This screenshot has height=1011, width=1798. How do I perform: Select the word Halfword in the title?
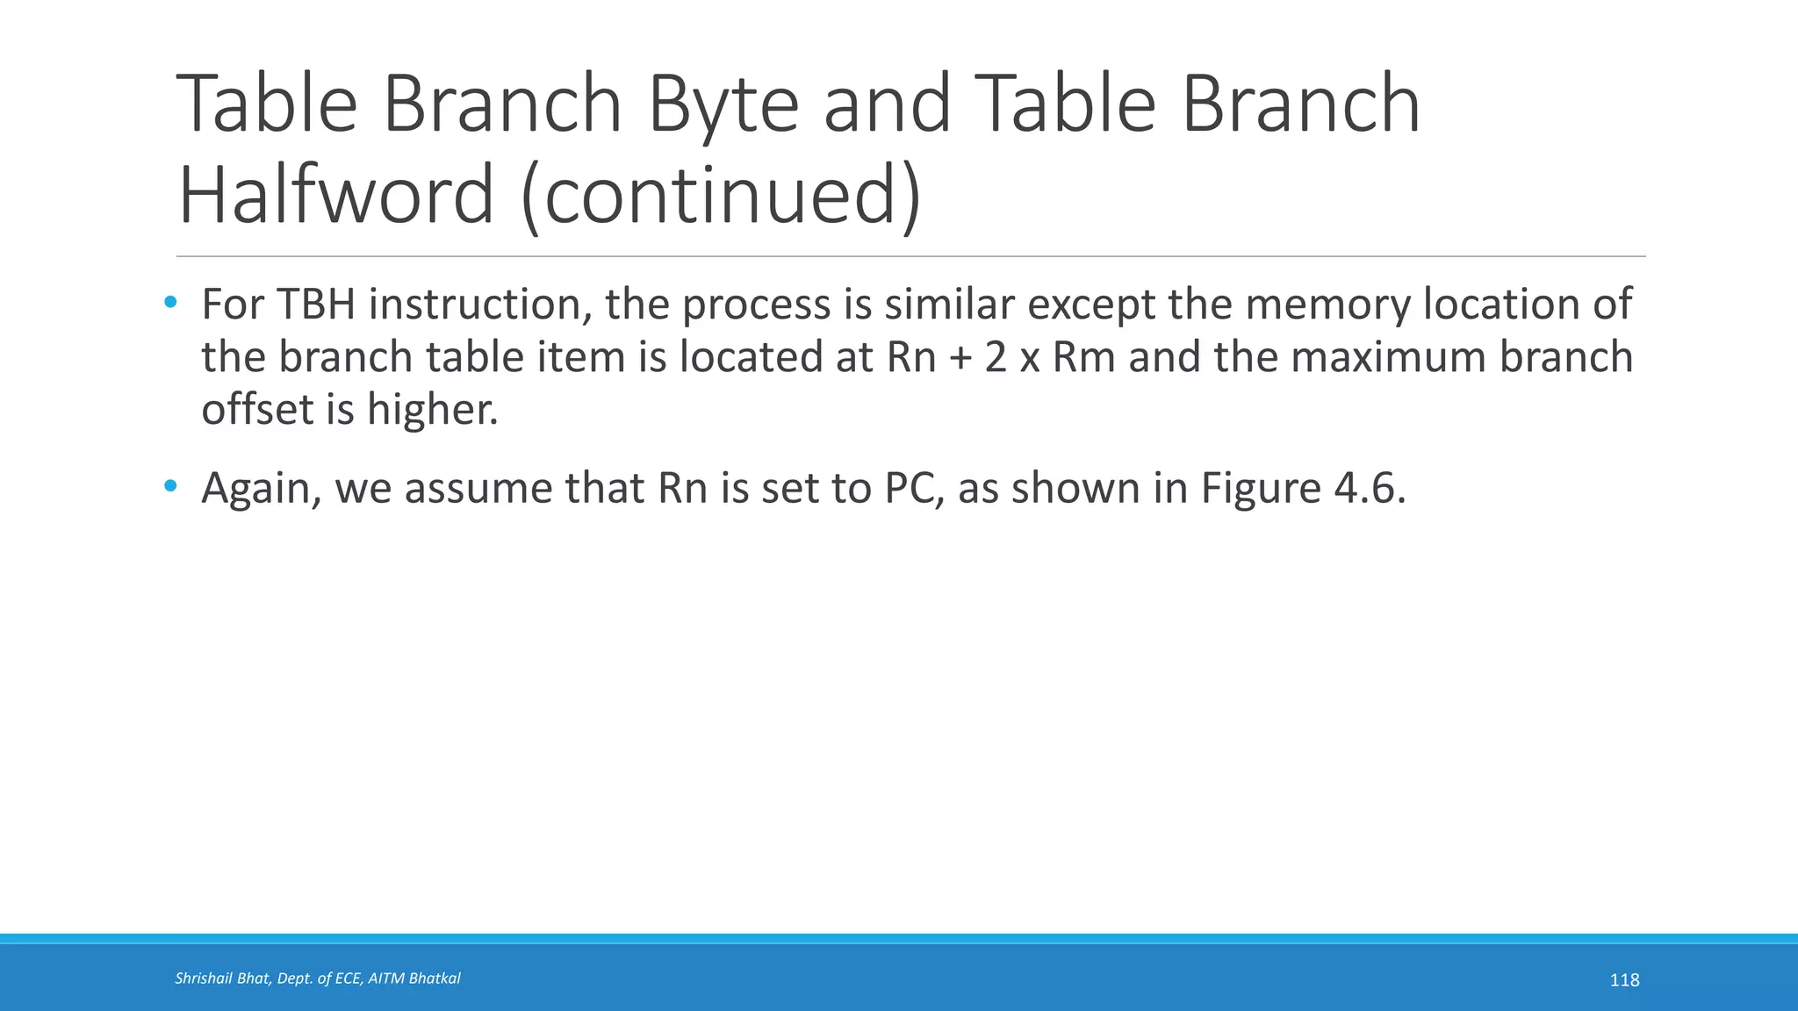point(336,195)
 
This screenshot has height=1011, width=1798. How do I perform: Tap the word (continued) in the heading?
point(721,195)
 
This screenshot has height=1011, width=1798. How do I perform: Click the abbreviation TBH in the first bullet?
point(316,305)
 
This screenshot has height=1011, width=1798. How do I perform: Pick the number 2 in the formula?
point(996,358)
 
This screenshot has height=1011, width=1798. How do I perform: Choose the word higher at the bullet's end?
point(432,410)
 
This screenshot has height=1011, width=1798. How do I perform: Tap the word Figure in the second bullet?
point(1261,489)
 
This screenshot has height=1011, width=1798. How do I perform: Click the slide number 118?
point(1624,980)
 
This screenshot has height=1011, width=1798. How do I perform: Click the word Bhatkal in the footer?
point(435,979)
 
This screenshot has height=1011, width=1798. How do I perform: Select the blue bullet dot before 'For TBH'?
point(170,304)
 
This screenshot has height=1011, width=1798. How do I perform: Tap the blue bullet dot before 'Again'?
point(170,486)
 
